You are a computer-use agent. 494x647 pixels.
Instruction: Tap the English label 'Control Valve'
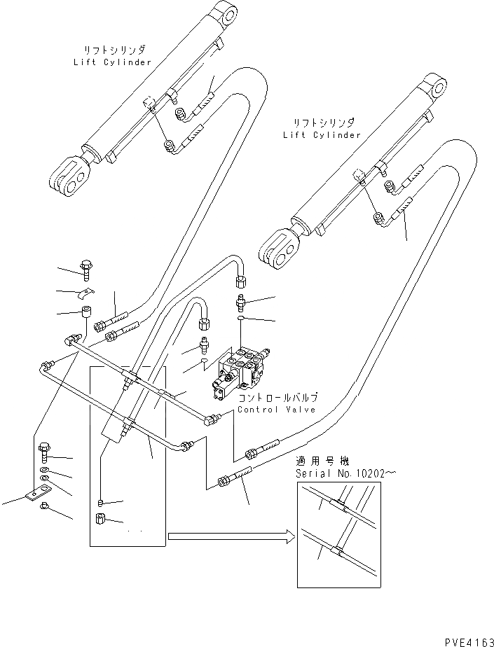click(x=277, y=410)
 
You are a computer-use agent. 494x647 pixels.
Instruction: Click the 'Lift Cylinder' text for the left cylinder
click(x=112, y=62)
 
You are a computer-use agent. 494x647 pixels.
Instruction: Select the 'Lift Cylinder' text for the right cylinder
click(x=322, y=134)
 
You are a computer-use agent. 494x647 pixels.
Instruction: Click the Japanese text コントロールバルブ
click(x=277, y=397)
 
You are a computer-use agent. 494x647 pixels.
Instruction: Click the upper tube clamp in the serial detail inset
click(x=338, y=506)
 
